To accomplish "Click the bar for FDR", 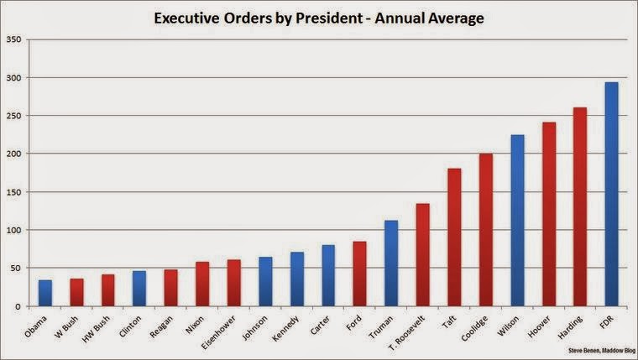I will (x=611, y=194).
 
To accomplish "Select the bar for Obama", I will (x=44, y=293).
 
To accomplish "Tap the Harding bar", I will (x=579, y=206).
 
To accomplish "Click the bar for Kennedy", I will (x=296, y=279).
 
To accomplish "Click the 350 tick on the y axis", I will (x=13, y=39).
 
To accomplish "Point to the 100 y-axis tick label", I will (x=13, y=230).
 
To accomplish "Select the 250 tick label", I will (x=13, y=116).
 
